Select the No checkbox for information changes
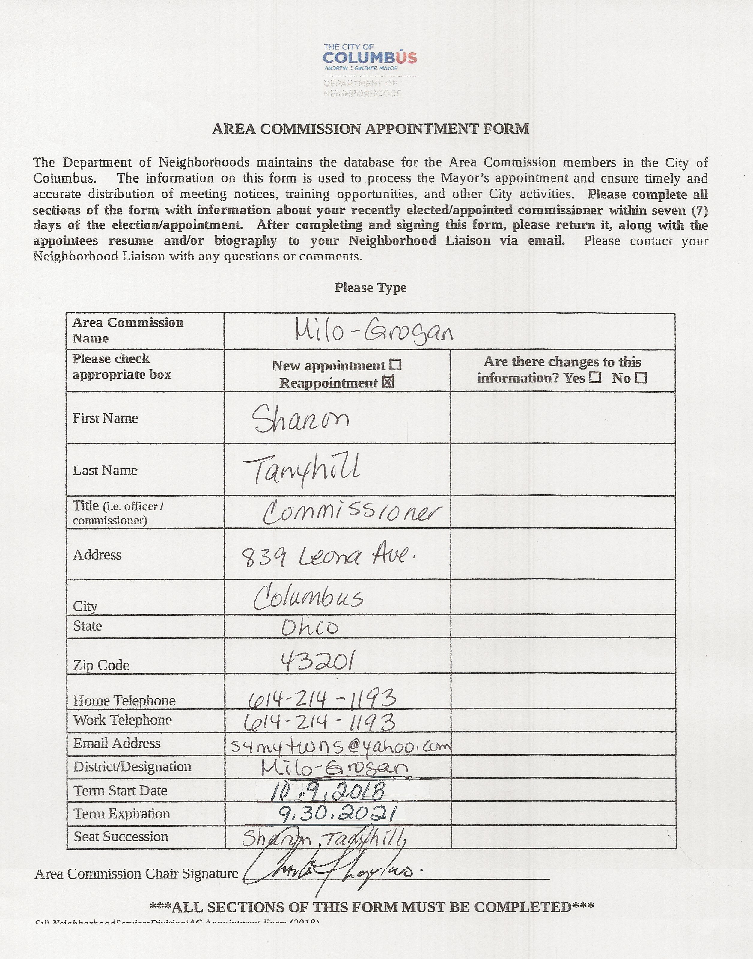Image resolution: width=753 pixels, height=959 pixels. (641, 378)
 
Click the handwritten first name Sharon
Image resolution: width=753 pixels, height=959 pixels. (301, 419)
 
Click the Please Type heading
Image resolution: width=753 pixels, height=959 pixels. (370, 288)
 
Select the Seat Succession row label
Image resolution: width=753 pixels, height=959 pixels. (121, 836)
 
